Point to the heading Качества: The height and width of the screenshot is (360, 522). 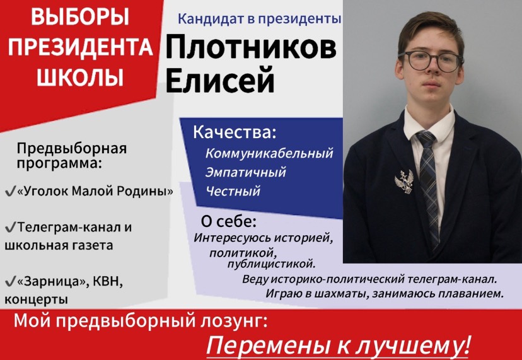coord(235,133)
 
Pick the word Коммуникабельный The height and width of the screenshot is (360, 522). coord(269,153)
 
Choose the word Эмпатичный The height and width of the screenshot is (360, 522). coord(246,171)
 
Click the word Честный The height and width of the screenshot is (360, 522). coord(233,191)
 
